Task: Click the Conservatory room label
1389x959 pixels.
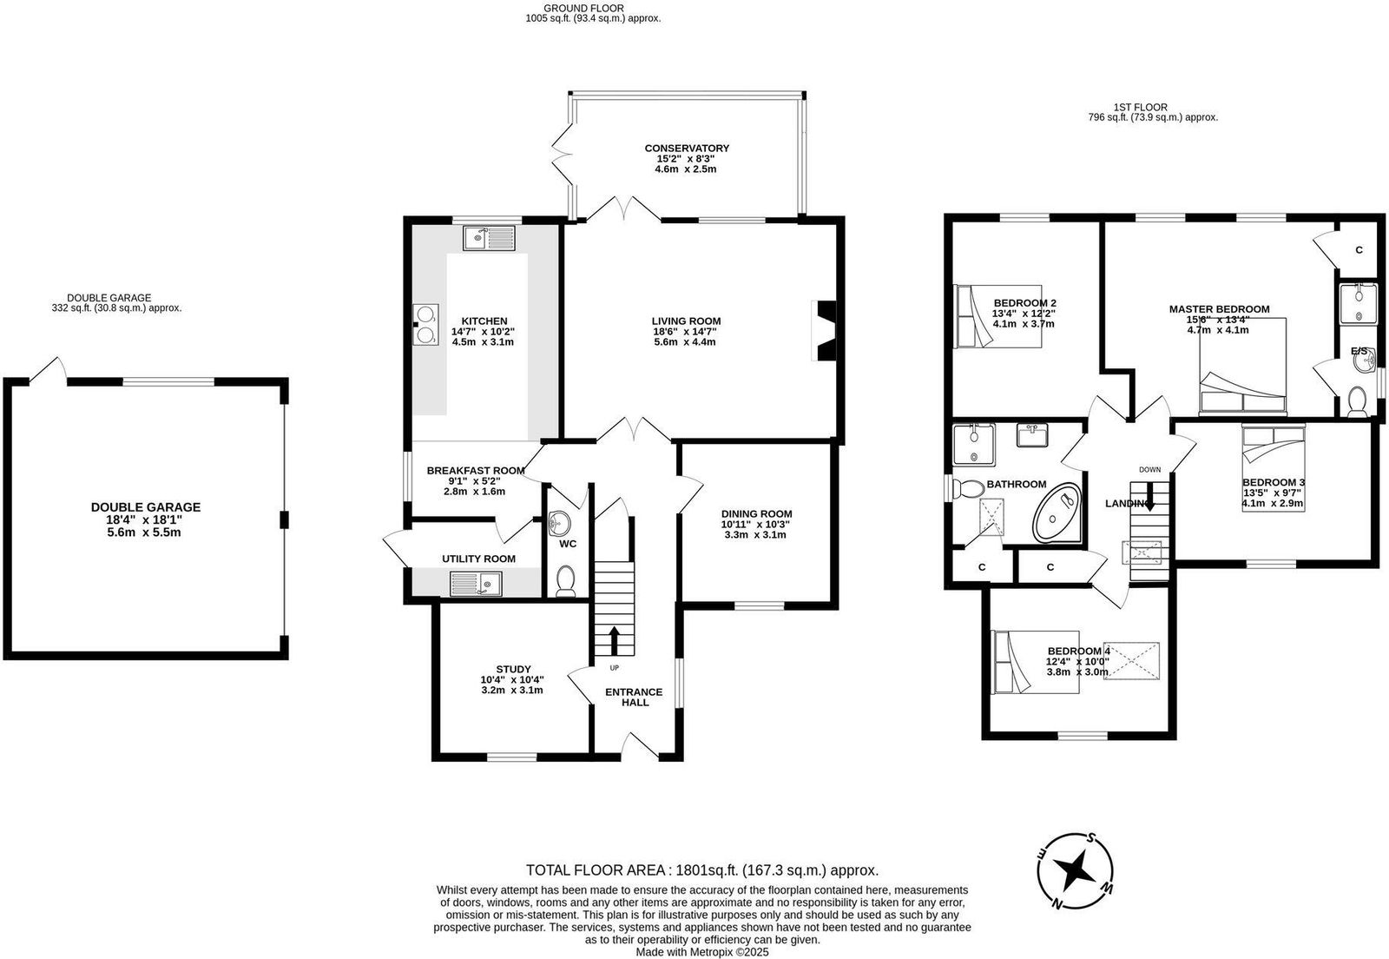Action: tap(687, 149)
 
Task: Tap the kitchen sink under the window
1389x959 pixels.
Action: tap(489, 238)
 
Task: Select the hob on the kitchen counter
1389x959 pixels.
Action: tap(426, 324)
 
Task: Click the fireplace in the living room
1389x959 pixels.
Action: tap(824, 331)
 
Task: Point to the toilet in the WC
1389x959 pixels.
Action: tap(565, 581)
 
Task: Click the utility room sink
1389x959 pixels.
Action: tap(477, 584)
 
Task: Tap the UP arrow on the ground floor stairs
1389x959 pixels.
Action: tap(614, 640)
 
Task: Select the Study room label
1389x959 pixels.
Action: tap(513, 670)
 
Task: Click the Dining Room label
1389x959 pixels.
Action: tap(756, 513)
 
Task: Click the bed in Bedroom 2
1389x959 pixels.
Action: tap(997, 315)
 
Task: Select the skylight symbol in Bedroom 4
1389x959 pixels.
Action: tap(1131, 661)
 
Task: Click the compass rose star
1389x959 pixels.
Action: tap(1076, 870)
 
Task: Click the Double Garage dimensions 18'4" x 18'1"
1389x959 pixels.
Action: tap(144, 519)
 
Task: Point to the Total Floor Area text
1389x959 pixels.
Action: tap(702, 870)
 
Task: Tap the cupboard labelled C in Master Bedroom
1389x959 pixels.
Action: tap(1359, 249)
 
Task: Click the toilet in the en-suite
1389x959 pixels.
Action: tap(1357, 402)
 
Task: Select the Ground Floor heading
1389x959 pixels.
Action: tap(583, 8)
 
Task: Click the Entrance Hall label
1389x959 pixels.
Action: tap(634, 697)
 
